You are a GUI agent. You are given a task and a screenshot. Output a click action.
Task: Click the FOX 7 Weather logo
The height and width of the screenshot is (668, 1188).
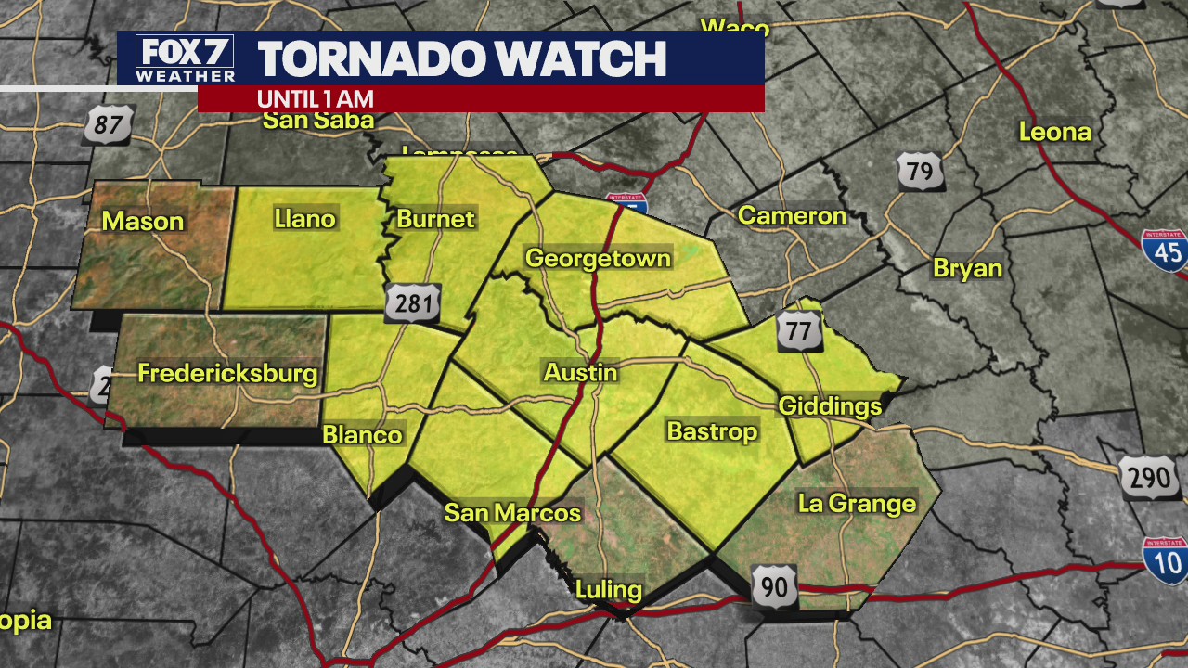pos(185,58)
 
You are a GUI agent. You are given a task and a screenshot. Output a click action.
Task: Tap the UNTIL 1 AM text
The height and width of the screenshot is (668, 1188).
pos(316,98)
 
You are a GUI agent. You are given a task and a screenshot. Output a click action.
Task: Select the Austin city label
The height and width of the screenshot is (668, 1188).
pos(580,372)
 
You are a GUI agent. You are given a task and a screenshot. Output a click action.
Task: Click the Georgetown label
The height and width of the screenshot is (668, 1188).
pos(598,258)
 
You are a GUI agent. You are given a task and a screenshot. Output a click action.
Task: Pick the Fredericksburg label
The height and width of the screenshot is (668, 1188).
pos(227,374)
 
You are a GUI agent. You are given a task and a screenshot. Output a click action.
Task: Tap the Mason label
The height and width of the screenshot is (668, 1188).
pos(143,221)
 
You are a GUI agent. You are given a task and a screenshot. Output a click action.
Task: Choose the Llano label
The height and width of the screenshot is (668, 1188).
pos(305,219)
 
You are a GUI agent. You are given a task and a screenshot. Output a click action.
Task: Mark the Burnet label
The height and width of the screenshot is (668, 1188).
pos(435,219)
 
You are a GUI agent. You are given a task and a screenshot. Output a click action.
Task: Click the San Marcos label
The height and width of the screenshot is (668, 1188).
pos(512,512)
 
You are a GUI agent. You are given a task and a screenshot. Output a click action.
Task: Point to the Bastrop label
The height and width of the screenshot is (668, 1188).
pos(712,431)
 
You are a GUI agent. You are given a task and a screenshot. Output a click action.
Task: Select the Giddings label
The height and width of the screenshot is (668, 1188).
pos(830,405)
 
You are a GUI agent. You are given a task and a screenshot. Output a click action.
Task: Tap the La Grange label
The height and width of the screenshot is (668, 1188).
pos(857,504)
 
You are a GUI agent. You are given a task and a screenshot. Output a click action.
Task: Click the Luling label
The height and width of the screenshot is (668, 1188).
pos(609,589)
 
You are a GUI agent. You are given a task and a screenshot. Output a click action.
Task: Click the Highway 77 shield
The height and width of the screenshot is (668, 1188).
pos(800,330)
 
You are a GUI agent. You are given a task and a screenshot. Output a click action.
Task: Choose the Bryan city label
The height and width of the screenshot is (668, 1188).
pos(968,268)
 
